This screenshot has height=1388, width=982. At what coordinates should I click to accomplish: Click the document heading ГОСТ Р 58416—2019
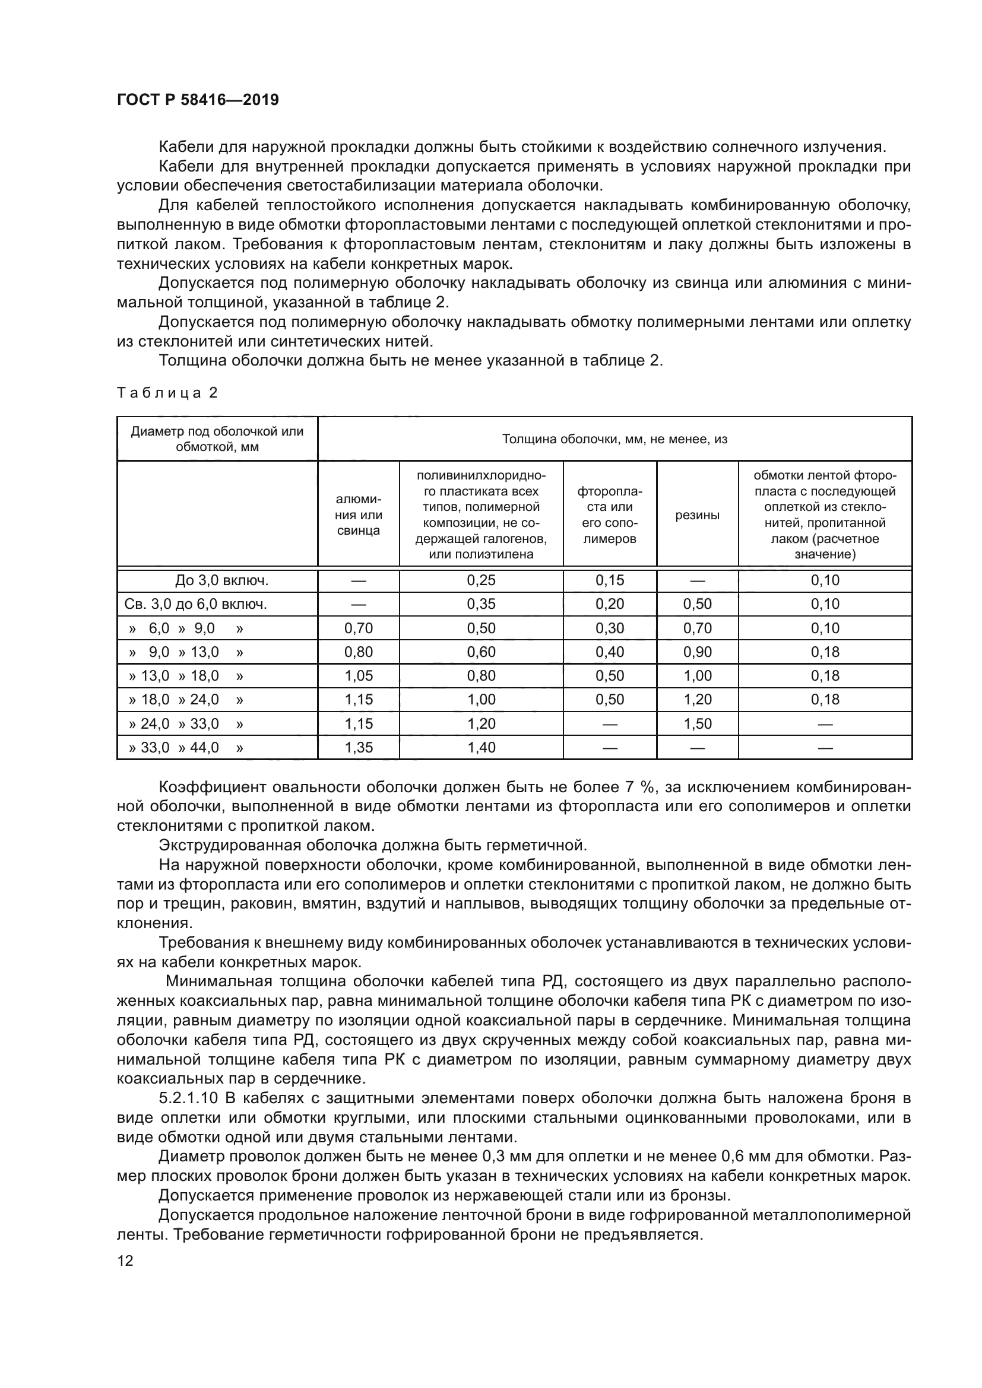point(198,100)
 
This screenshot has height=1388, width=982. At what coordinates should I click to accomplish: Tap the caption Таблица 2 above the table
point(167,393)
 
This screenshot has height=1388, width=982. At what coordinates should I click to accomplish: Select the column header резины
point(697,516)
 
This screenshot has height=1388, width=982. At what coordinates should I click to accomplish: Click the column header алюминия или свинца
point(359,516)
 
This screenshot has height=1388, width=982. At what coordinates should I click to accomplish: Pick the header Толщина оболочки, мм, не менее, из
point(614,440)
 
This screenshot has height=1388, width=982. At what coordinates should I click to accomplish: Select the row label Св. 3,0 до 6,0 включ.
point(196,605)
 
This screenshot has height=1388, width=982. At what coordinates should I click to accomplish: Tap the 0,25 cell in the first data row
point(481,581)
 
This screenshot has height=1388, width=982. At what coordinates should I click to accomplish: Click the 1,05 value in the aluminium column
point(359,676)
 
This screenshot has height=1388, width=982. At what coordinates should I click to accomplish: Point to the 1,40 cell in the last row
point(481,748)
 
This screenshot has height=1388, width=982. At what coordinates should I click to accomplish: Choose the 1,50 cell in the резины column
point(697,724)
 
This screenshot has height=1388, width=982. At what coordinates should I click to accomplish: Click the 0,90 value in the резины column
point(697,652)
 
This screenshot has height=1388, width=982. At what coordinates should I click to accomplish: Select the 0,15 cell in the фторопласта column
point(610,581)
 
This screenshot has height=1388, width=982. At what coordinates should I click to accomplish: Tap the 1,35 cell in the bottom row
point(359,748)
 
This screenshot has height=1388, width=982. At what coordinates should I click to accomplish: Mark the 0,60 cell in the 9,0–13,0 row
point(481,652)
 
